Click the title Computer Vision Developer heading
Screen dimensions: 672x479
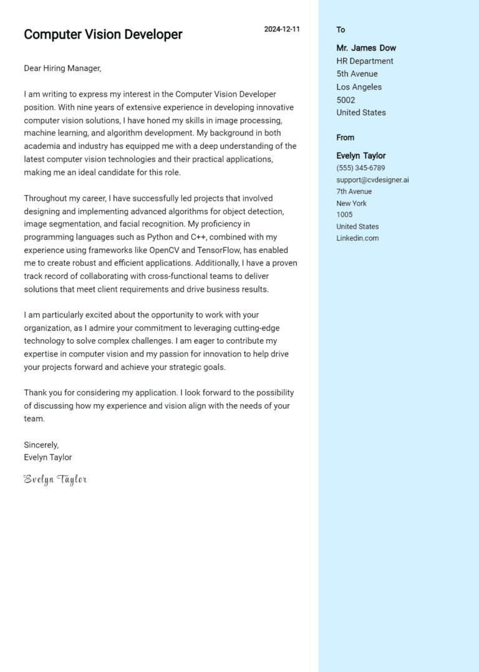pyautogui.click(x=103, y=35)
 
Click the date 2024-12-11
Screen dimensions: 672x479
pyautogui.click(x=281, y=29)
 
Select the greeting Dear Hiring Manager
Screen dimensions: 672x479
pyautogui.click(x=62, y=69)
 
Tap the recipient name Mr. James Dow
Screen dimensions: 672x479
pyautogui.click(x=366, y=48)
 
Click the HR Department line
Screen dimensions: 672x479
pyautogui.click(x=365, y=61)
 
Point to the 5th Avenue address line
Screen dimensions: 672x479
pyautogui.click(x=357, y=74)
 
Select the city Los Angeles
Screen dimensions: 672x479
pyautogui.click(x=359, y=87)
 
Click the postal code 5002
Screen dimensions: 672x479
pyautogui.click(x=346, y=100)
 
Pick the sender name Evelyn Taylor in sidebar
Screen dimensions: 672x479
pyautogui.click(x=361, y=156)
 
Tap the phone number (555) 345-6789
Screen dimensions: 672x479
pyautogui.click(x=360, y=168)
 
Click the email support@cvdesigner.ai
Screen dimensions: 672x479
pyautogui.click(x=372, y=180)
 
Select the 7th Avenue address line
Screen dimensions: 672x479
pyautogui.click(x=354, y=191)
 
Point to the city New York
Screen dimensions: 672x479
pyautogui.click(x=351, y=203)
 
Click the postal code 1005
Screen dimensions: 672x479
pyautogui.click(x=344, y=214)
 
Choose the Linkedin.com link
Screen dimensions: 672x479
pyautogui.click(x=357, y=238)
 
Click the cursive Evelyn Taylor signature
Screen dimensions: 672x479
pyautogui.click(x=55, y=479)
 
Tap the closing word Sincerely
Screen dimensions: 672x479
pyautogui.click(x=41, y=445)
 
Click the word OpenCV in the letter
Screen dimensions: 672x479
pyautogui.click(x=164, y=250)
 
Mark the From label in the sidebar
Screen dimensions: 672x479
pyautogui.click(x=345, y=138)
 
